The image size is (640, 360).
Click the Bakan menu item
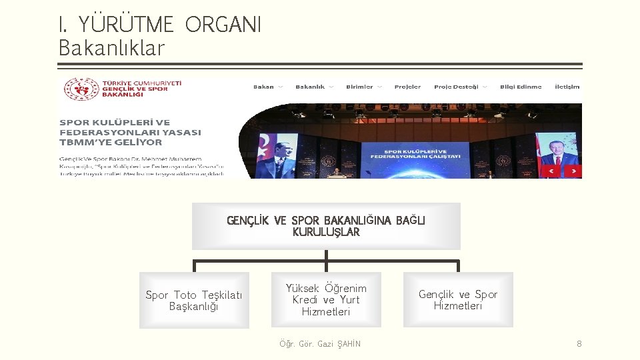coord(264,87)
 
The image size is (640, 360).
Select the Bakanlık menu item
coord(310,87)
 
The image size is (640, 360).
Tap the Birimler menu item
coord(359,87)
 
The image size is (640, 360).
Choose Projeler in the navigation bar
coord(407,87)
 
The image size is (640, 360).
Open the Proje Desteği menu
coord(456,87)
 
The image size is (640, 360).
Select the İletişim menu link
coord(567,87)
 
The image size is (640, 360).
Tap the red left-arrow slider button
coord(551,171)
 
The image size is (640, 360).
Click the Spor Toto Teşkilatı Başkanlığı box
coord(194,301)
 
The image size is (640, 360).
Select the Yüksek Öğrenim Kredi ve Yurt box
coord(326,300)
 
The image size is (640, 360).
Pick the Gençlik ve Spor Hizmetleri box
coord(458,300)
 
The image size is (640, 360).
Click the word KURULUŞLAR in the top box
coord(326,233)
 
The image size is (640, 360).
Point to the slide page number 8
coord(579,344)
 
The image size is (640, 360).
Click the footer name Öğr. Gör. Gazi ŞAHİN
coord(320,344)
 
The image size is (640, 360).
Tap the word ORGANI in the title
coord(223,25)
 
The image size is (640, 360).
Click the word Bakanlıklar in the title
coord(111,48)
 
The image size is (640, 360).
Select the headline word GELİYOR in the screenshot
coord(141,142)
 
